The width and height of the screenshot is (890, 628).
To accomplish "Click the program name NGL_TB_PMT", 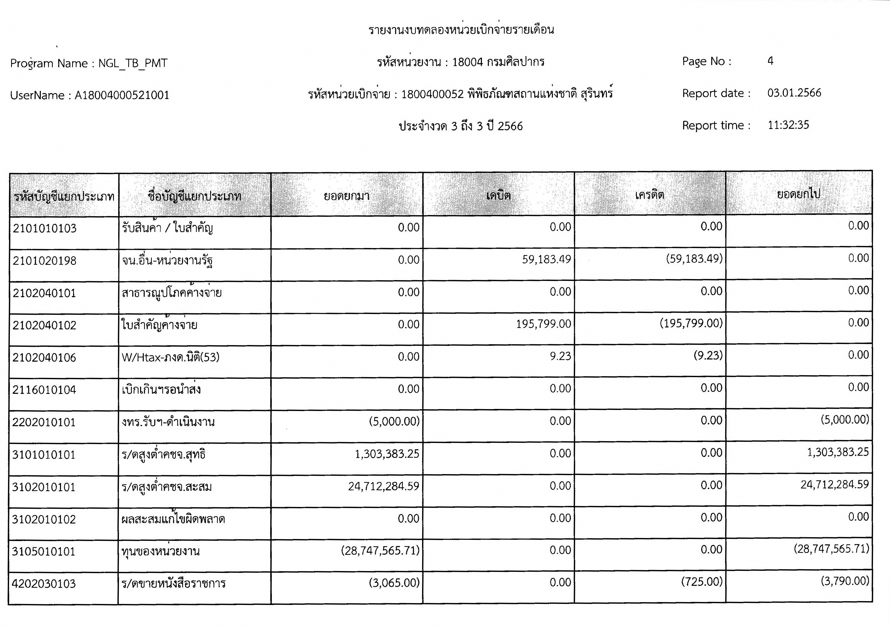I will pyautogui.click(x=133, y=63).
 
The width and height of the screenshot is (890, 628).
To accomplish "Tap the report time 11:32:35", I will pyautogui.click(x=788, y=125).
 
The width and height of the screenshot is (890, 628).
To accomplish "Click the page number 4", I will pyautogui.click(x=770, y=61).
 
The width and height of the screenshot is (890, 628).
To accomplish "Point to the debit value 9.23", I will pyautogui.click(x=560, y=356).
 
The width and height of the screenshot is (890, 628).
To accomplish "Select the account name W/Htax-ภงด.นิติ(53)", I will pyautogui.click(x=171, y=357).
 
